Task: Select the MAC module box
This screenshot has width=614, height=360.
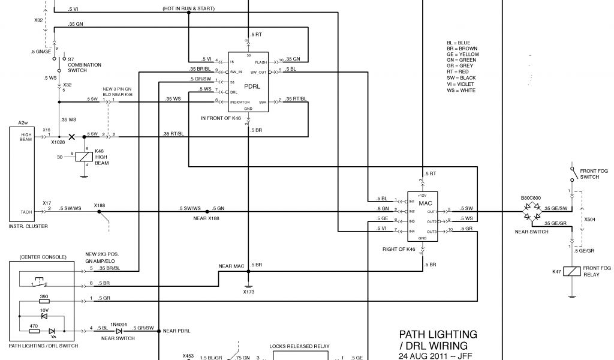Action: coord(422,215)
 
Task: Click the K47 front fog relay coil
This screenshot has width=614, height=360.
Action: coord(573,272)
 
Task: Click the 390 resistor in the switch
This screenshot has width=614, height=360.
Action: coord(44,302)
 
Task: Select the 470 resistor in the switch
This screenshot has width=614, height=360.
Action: coord(34,330)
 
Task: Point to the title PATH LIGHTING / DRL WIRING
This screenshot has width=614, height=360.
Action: coord(438,340)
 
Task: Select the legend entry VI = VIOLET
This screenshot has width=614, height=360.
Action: coord(460,85)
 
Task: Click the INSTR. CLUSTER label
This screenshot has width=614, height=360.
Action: coord(28,226)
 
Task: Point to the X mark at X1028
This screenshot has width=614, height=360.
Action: coord(73,136)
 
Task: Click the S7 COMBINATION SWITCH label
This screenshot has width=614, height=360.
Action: coord(84,65)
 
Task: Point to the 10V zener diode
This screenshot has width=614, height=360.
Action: coord(43,316)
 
